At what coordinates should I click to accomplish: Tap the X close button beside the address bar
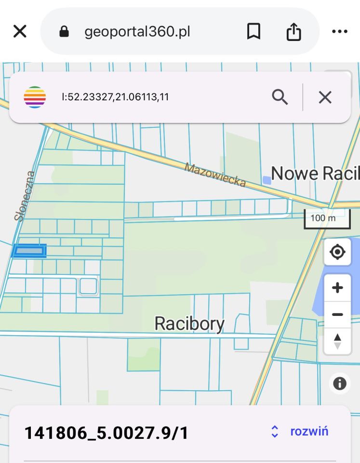pos(20,32)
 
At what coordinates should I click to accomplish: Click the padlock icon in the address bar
pos(64,32)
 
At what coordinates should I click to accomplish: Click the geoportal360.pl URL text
pos(137,32)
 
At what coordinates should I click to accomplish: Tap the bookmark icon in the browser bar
pos(253,32)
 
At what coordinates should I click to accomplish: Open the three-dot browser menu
pos(340,32)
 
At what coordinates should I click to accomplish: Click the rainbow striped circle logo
pos(35,97)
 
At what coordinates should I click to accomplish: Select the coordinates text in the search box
pos(115,97)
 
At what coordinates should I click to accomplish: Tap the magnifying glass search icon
pos(280,97)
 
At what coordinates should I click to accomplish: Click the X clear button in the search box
pos(325,97)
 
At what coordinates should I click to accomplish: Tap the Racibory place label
pos(189,323)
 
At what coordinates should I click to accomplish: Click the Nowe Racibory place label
pos(315,173)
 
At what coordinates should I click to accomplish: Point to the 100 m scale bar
pos(327,218)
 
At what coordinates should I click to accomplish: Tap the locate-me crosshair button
pos(337,252)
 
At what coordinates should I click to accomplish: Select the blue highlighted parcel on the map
pos(29,251)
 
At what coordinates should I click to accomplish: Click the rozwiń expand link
pos(309,431)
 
